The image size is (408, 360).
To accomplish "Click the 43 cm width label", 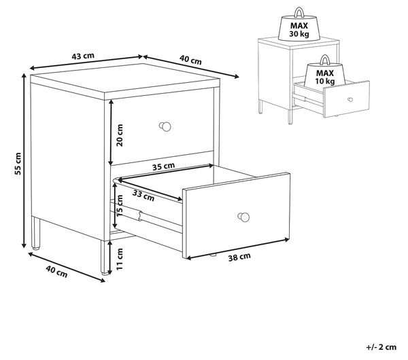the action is [83, 56].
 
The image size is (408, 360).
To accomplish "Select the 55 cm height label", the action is [18, 164].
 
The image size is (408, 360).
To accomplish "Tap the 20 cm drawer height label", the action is [120, 135].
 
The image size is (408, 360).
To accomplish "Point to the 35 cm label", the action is [163, 166].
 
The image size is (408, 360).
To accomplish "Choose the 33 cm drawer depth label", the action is [143, 196].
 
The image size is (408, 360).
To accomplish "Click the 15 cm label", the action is [119, 206].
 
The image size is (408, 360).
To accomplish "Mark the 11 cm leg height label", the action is [119, 259].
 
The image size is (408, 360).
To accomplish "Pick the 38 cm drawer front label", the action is [239, 257].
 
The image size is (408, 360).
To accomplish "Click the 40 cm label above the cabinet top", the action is [190, 60].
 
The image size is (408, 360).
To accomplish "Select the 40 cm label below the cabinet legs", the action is [56, 272].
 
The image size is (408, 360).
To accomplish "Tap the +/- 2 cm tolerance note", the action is [381, 347].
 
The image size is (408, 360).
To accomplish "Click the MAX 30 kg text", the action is [299, 30].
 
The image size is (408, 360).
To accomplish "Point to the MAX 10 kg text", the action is [325, 77].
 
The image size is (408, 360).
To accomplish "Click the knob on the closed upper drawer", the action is [165, 126].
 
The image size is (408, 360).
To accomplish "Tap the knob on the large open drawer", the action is [243, 217].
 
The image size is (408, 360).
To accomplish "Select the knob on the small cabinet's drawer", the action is [350, 99].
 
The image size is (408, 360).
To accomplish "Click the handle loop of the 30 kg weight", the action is [299, 12].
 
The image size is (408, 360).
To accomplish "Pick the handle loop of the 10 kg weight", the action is [325, 59].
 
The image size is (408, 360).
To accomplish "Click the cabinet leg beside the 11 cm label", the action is [105, 257].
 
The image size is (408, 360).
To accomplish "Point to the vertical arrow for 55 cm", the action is [24, 160].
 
